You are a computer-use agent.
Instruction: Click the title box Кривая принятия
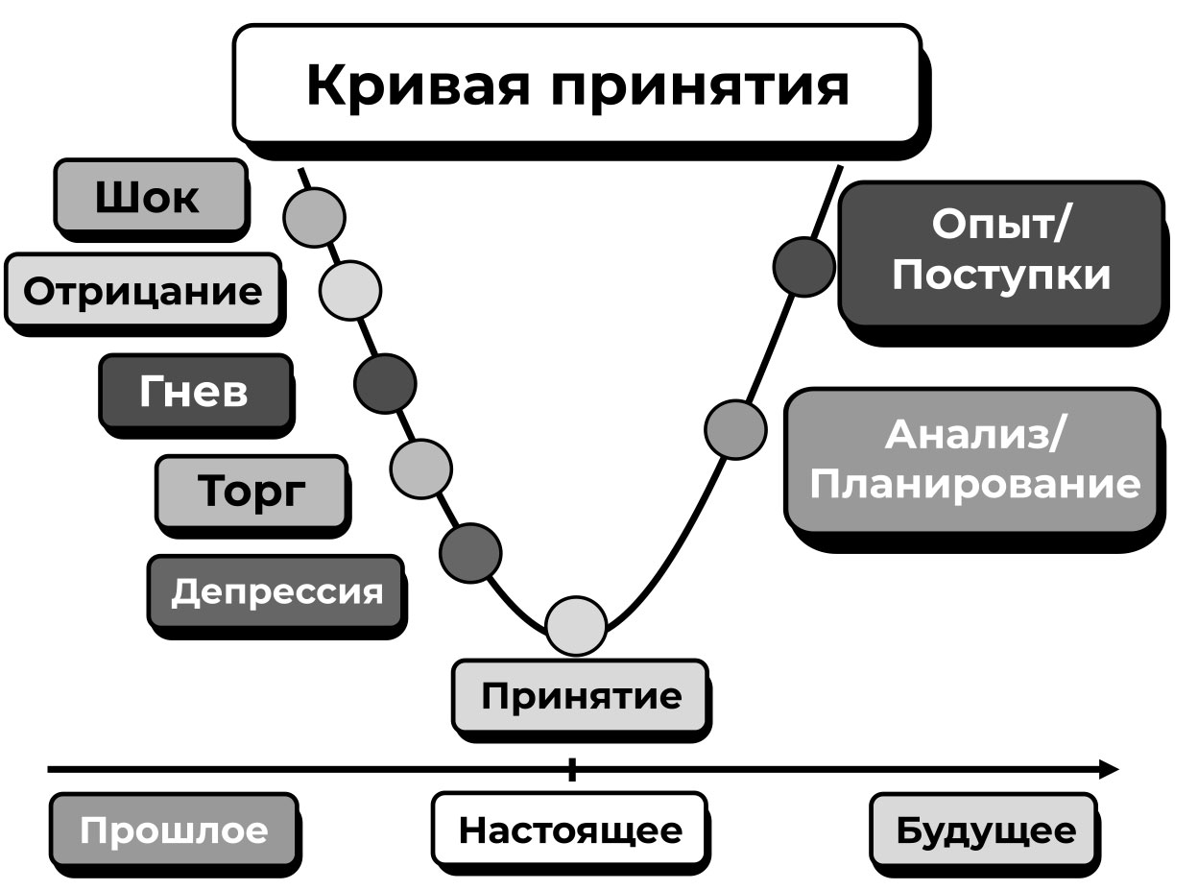[x=577, y=84]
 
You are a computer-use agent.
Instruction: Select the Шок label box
[x=149, y=196]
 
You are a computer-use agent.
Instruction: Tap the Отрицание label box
[x=142, y=290]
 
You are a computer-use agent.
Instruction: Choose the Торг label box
[x=251, y=492]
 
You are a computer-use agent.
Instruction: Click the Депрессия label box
[x=276, y=591]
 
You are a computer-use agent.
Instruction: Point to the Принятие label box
[x=581, y=695]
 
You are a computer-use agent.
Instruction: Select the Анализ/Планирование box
[x=972, y=460]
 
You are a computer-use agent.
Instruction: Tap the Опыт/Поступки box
[x=1001, y=252]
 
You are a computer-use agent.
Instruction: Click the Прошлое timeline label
[x=173, y=830]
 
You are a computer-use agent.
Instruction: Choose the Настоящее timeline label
[x=569, y=830]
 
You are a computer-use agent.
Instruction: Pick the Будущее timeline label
[x=985, y=830]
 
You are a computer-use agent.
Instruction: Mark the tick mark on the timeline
[x=572, y=769]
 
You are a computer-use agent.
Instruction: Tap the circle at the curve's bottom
[x=577, y=626]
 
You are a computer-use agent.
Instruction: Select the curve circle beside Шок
[x=314, y=217]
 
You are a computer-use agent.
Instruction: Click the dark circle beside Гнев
[x=385, y=383]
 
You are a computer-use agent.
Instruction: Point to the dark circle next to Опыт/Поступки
[x=803, y=266]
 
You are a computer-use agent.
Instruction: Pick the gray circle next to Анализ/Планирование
[x=735, y=429]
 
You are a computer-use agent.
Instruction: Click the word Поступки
[x=1001, y=276]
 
